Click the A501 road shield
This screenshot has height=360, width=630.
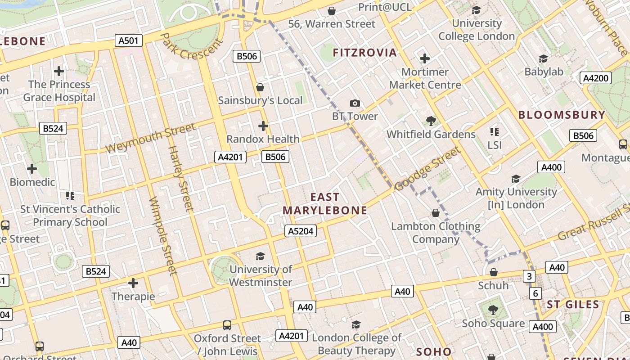click(x=128, y=41)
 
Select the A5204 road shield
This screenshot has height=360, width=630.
click(x=301, y=231)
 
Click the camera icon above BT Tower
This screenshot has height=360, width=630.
click(x=355, y=103)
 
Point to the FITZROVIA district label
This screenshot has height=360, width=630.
click(x=365, y=53)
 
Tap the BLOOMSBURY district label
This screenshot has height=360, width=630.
click(x=562, y=115)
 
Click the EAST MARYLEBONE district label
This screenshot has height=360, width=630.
click(x=325, y=204)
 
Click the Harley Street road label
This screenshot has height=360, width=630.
click(x=180, y=179)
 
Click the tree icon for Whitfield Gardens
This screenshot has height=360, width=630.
click(x=431, y=121)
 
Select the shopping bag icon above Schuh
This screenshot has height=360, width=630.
click(x=493, y=272)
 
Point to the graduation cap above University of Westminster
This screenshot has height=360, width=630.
click(x=261, y=256)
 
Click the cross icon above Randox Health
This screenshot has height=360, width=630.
click(x=263, y=126)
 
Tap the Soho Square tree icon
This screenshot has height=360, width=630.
click(x=493, y=310)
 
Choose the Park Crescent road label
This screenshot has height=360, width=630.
click(x=191, y=46)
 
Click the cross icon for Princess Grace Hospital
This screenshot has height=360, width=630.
click(x=59, y=71)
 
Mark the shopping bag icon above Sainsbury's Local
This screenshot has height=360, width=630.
click(x=260, y=87)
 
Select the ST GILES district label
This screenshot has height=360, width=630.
click(x=573, y=305)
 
